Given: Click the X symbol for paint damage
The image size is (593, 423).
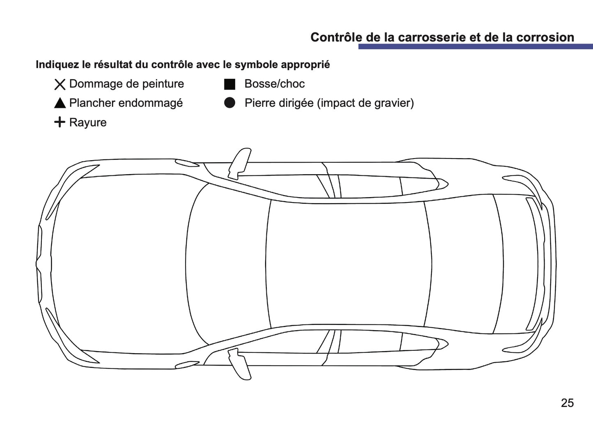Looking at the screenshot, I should tap(60, 84).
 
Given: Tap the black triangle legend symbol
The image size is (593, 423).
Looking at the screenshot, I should tap(60, 103).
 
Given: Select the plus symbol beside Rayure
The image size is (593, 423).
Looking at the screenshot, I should tap(60, 122).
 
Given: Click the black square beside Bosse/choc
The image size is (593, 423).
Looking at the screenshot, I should tap(229, 84).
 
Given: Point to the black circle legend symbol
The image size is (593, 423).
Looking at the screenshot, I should tap(229, 103).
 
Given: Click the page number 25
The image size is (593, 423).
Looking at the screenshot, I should tap(567, 403).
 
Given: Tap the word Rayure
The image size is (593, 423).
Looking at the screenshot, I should tap(88, 122).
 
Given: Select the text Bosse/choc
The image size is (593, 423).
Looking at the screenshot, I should tap(274, 84).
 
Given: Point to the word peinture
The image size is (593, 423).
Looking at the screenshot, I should tap(163, 84).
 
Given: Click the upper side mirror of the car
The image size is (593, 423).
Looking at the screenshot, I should tap(240, 163).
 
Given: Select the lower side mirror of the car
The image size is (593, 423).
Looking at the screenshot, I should tap(240, 363).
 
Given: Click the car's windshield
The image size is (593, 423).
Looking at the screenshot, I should tap(228, 263).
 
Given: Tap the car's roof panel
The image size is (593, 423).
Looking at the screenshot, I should tap(347, 263).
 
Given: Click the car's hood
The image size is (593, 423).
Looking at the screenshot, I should tap(119, 263).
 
